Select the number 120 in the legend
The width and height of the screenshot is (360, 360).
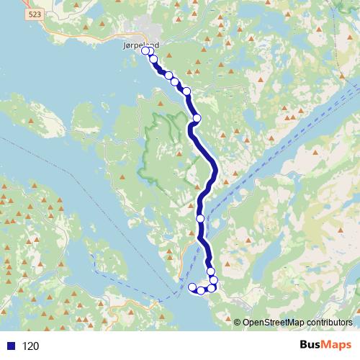point(30,346)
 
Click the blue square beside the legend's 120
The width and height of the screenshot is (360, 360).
point(10,346)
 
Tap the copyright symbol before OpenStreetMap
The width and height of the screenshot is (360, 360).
point(237,322)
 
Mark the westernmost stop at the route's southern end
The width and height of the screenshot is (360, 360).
point(192,288)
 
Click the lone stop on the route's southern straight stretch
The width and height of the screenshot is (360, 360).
point(200,218)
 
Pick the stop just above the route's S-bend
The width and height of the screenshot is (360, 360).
point(197,118)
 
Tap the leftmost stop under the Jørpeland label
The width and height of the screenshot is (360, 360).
point(145,51)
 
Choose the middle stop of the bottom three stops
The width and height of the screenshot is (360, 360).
point(202,290)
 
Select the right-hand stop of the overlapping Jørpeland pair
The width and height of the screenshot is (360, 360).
point(150,51)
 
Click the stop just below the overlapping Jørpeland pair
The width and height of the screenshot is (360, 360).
point(153,59)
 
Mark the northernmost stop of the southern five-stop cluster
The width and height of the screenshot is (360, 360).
point(211,271)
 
